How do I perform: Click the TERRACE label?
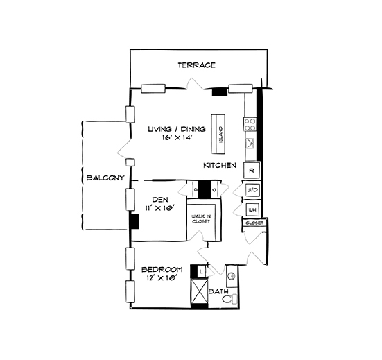coord(196,65)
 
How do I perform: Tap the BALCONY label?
coord(105,178)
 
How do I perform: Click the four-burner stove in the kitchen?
coord(250,124)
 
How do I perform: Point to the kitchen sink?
coord(250,144)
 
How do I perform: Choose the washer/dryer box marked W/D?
coord(252,190)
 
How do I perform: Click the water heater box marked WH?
coord(252,209)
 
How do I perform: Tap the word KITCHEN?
coord(220,166)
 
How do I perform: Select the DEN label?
coord(161,199)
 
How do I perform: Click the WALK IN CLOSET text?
coord(202,221)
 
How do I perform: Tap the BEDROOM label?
coord(162,269)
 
